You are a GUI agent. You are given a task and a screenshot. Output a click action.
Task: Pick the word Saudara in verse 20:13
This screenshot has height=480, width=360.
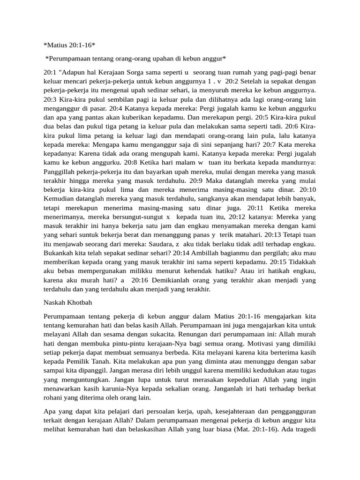pyautogui.click(x=149, y=241)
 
